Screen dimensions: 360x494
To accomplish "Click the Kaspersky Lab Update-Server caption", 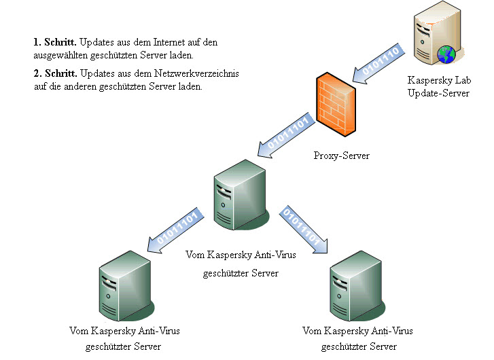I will [438, 86].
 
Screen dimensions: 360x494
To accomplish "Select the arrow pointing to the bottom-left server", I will [173, 229].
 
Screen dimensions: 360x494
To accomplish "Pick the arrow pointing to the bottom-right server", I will [304, 230].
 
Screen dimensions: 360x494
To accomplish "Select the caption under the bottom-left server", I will [123, 339].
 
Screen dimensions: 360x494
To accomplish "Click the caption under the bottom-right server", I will [357, 339].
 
